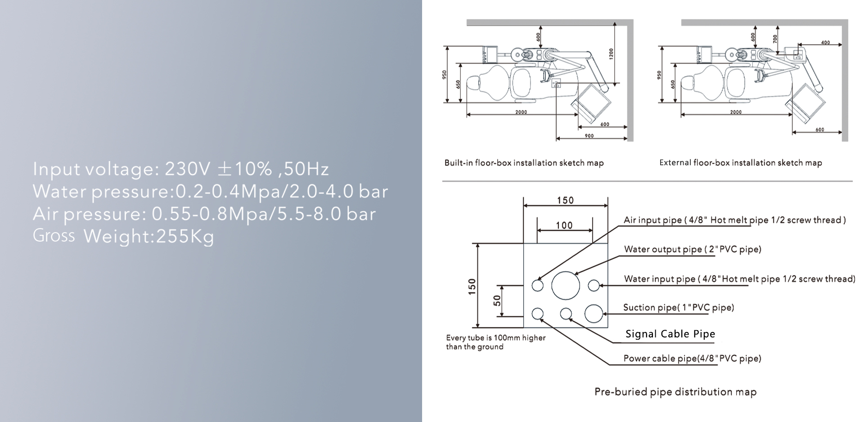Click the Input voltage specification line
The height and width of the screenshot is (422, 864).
(180, 169)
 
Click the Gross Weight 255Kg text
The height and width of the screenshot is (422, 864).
(123, 236)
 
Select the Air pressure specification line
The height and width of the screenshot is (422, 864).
(204, 214)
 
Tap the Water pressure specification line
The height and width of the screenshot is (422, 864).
(210, 192)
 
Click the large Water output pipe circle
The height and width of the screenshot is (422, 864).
(566, 285)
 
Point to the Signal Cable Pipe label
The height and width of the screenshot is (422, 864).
(670, 334)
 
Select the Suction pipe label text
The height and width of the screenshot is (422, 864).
(678, 308)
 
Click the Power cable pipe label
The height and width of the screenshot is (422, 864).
(692, 359)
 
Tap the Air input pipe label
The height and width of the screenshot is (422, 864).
(734, 220)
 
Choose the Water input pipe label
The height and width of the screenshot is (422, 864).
(739, 279)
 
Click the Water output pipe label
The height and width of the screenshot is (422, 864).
(693, 249)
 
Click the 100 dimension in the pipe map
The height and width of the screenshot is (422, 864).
(564, 225)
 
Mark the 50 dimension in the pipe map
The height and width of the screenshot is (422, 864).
(497, 301)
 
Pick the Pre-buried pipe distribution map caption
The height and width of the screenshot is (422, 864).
(675, 392)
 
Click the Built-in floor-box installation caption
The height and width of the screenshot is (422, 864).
(524, 163)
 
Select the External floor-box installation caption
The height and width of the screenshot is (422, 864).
(740, 163)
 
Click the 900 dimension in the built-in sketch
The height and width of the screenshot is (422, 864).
(589, 135)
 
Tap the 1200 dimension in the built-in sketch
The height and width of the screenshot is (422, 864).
(611, 54)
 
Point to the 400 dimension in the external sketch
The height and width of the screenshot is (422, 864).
(825, 43)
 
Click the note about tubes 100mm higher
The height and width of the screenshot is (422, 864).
(495, 342)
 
